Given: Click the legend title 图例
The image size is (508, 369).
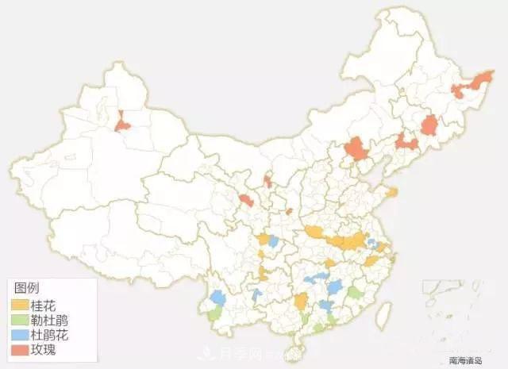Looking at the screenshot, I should [27, 288].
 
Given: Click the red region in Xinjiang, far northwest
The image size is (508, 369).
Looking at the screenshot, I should [122, 122].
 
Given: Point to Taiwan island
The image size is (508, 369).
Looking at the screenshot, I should [383, 312].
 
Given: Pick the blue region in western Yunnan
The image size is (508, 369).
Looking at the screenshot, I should [217, 298].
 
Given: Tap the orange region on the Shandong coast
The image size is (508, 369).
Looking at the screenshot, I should [391, 191].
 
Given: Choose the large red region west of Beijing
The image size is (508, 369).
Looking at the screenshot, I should [356, 148].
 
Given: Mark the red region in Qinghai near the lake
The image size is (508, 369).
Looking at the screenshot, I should [247, 200].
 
